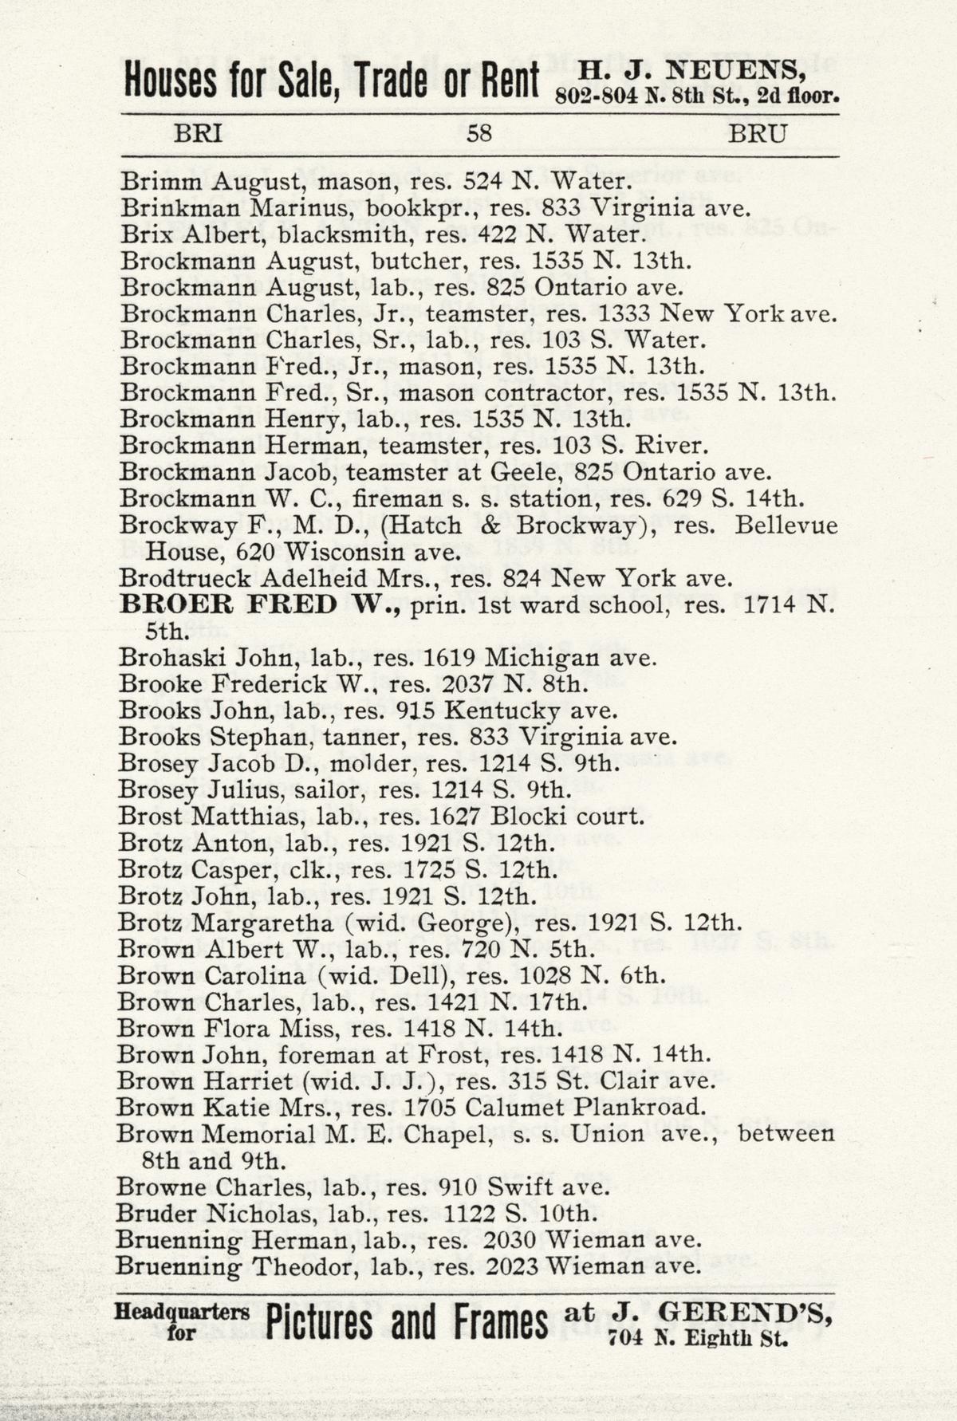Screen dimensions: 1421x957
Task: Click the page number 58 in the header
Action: click(478, 133)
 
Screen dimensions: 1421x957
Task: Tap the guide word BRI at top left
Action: click(198, 133)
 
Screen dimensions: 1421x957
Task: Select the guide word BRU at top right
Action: click(757, 133)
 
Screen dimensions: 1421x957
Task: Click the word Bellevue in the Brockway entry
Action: click(786, 526)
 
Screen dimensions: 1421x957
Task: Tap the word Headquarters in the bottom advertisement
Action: click(181, 1312)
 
